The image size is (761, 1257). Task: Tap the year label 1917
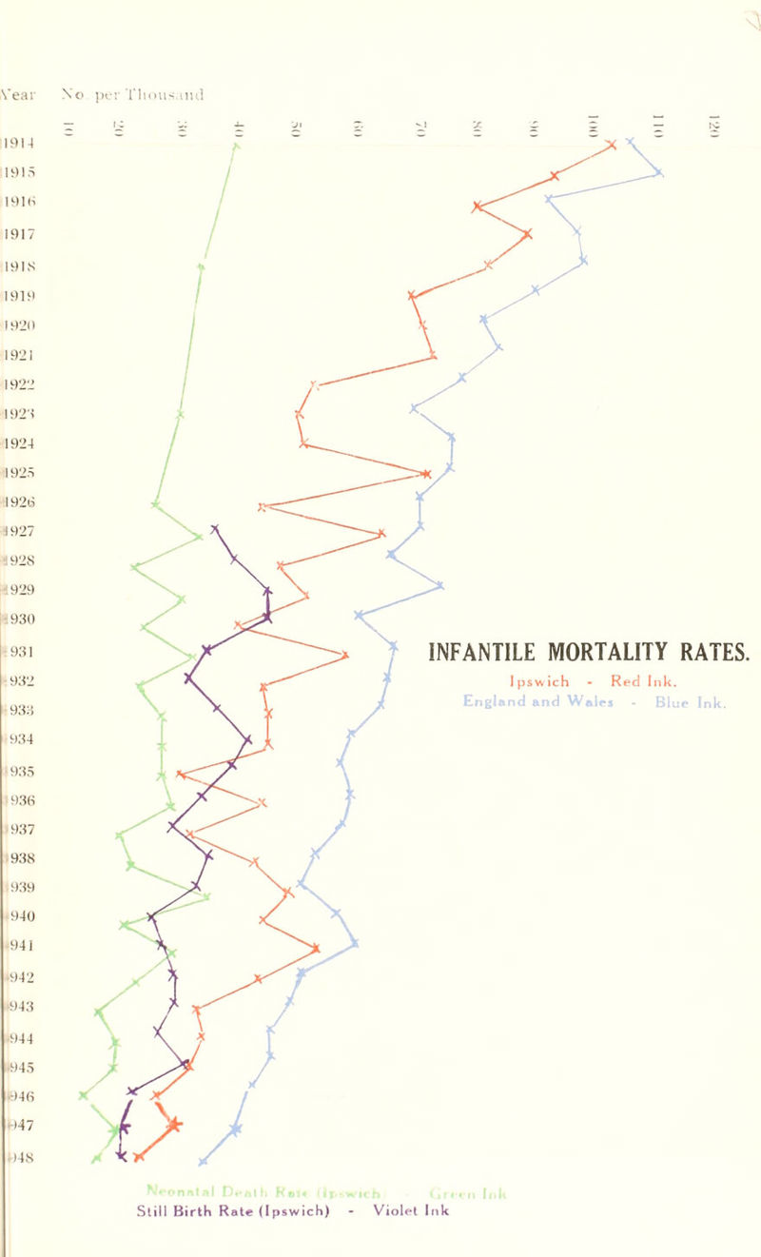point(14,231)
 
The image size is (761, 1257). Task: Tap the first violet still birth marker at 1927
point(216,528)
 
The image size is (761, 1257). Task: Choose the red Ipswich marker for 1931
point(345,655)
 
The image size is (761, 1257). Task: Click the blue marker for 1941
point(355,944)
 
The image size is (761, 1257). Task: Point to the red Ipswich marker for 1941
point(316,948)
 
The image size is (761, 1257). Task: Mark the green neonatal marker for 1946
point(84,1095)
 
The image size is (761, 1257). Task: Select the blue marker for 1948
point(203,1162)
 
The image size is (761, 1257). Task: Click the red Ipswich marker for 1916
point(477,206)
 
